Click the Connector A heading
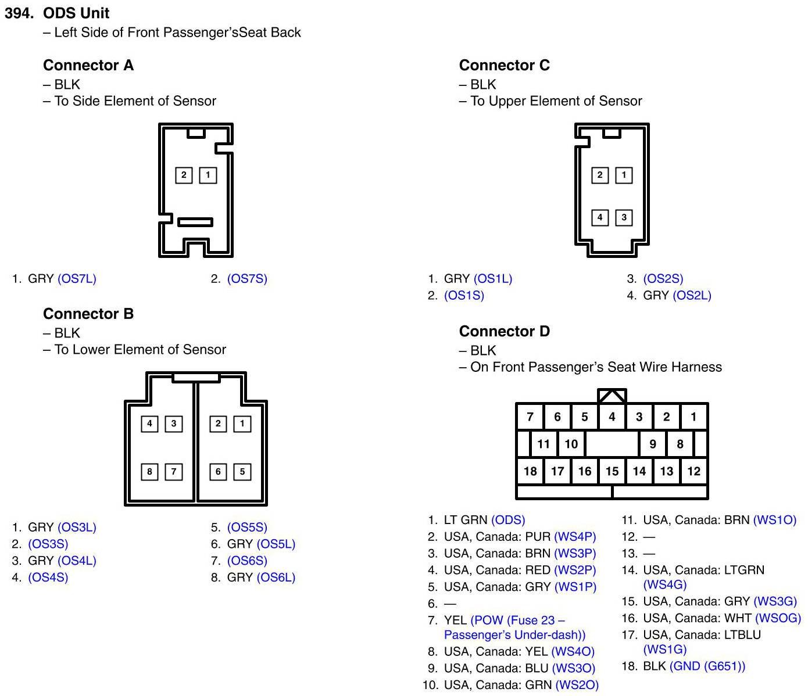[88, 65]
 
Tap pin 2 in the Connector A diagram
[184, 175]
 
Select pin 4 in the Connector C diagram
[599, 217]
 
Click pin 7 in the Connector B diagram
[173, 472]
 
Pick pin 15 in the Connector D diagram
[612, 471]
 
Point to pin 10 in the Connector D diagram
[571, 444]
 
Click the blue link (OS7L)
[77, 279]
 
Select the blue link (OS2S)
[663, 279]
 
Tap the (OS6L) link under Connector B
[276, 577]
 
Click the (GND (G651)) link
[707, 666]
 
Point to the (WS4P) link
[575, 537]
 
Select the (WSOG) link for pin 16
[778, 618]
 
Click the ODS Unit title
[76, 13]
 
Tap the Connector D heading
[504, 331]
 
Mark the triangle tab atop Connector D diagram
[612, 396]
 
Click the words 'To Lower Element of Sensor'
[140, 350]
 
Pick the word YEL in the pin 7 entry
[455, 620]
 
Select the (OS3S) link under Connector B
[48, 544]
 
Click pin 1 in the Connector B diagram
[242, 424]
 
